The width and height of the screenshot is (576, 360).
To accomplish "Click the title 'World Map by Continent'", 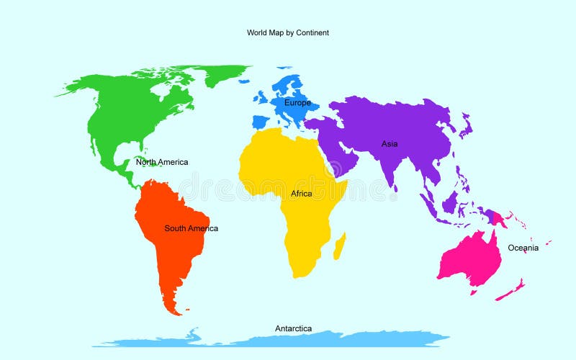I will pos(287,32).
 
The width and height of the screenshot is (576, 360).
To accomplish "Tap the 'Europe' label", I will pos(297,103).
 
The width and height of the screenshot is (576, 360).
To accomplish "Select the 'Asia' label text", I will pos(390,144).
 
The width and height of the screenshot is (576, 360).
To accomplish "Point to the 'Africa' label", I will pos(302,194).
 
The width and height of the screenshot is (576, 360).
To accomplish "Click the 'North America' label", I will pos(162,162).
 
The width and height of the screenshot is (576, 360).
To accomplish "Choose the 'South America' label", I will pos(191,228).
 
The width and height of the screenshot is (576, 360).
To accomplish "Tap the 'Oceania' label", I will pos(523,248).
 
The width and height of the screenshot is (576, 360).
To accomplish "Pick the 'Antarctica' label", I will pos(294,328).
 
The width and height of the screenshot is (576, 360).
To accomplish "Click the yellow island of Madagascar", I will pos(339,245).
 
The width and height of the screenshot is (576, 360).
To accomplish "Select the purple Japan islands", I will pos(466,130).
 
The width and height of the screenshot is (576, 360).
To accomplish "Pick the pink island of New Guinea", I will pos(497,217).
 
